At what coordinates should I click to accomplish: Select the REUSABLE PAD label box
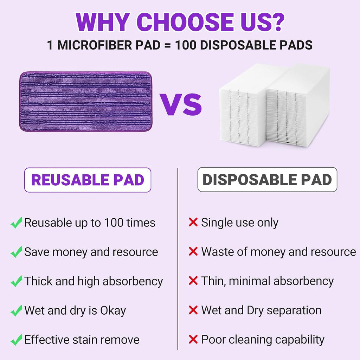88,180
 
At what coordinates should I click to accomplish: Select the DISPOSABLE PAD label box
267,180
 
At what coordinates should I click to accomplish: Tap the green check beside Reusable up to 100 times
16,223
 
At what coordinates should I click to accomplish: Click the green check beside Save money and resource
16,252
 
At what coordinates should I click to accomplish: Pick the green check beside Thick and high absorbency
16,281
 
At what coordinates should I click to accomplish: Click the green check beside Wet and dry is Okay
16,311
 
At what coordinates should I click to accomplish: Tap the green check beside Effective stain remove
16,340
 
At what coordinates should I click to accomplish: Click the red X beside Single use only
193,222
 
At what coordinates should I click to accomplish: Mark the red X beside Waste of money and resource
193,252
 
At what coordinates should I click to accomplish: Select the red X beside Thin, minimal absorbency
193,281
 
